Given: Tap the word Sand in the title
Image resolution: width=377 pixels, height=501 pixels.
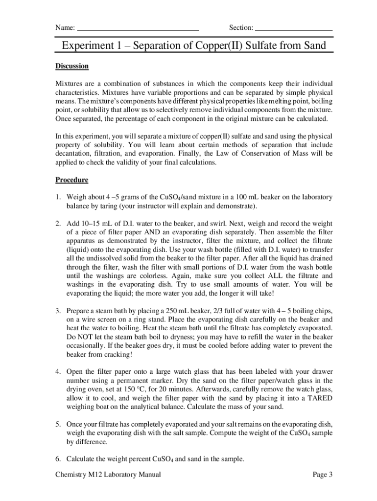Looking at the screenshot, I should point(310,46).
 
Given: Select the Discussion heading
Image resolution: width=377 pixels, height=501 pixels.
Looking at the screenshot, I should point(71,66).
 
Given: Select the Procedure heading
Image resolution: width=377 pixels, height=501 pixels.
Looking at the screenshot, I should point(71,180).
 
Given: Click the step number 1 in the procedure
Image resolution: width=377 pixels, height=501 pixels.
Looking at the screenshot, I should point(58,197).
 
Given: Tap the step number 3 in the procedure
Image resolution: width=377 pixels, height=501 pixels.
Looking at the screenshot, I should point(58,311).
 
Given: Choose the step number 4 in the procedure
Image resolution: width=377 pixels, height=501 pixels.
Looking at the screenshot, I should point(58,372).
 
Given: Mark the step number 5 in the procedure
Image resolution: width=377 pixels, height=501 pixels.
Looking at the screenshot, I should point(58,424).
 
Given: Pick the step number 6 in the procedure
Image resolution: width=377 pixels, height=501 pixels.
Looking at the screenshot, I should point(58,459).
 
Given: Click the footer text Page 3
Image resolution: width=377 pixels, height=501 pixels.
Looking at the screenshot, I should point(323,475).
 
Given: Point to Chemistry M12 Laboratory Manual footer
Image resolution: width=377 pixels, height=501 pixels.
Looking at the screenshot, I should point(108,475).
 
